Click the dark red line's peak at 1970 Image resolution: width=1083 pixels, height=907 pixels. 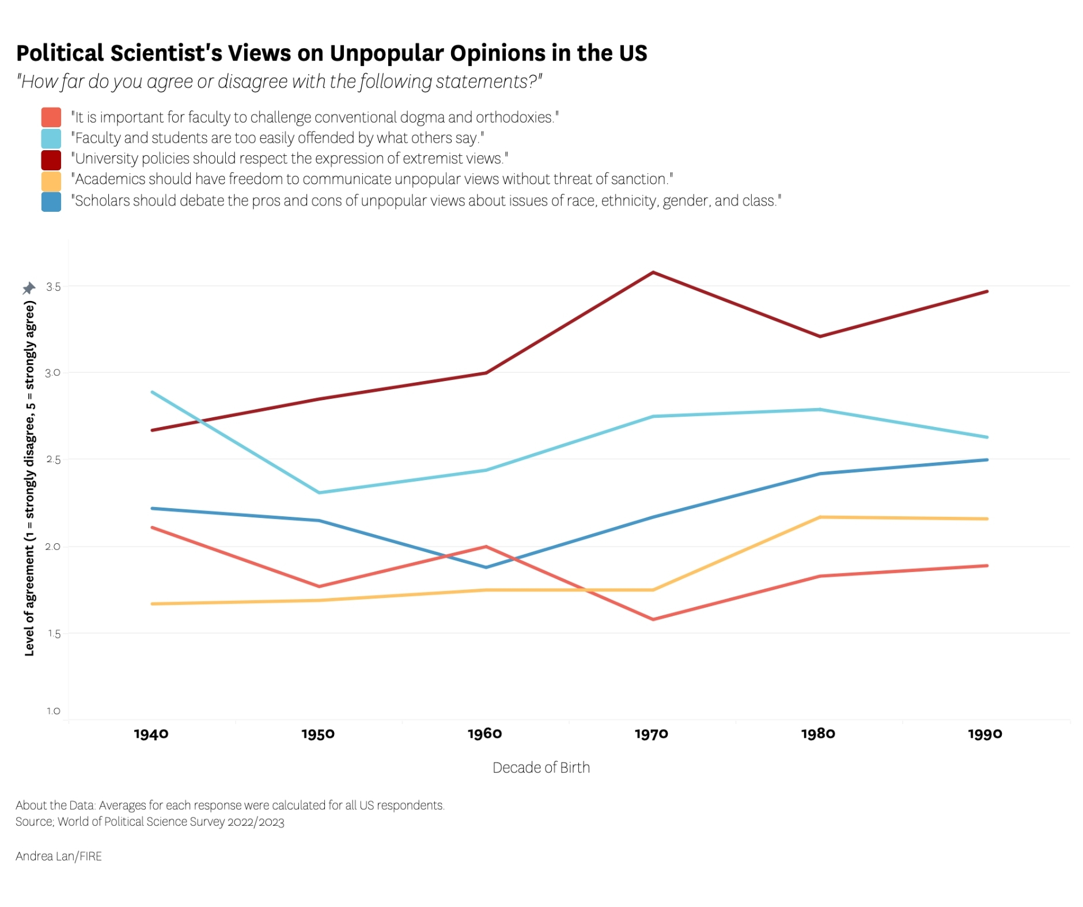coord(653,272)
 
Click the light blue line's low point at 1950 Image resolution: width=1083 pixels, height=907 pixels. coord(319,493)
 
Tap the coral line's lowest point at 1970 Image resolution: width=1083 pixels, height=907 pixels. coord(653,619)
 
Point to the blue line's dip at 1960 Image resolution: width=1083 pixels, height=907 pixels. coord(486,567)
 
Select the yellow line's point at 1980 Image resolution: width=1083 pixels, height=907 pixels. coord(819,517)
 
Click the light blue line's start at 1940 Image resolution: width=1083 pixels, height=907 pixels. coord(152,392)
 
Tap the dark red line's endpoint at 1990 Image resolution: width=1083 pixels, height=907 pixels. coord(987,291)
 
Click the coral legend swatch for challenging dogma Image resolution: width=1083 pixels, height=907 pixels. coord(51,117)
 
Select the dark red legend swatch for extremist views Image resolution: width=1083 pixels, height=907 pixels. coord(51,159)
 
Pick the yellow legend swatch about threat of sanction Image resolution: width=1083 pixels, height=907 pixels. coord(51,181)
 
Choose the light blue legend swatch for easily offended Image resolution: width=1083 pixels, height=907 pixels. coord(51,138)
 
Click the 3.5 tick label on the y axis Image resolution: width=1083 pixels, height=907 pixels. coord(53,287)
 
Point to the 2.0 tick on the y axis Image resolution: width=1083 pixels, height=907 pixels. coord(53,547)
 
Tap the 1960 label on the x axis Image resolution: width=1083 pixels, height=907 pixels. coord(484,734)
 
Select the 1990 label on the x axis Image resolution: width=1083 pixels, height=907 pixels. coord(984,734)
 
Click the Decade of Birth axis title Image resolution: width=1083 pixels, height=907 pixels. coord(541,767)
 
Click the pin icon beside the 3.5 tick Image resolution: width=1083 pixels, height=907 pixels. coord(29,288)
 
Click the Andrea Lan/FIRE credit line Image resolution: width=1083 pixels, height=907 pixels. coord(59,856)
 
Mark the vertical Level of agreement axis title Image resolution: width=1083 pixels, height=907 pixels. coord(29,478)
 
